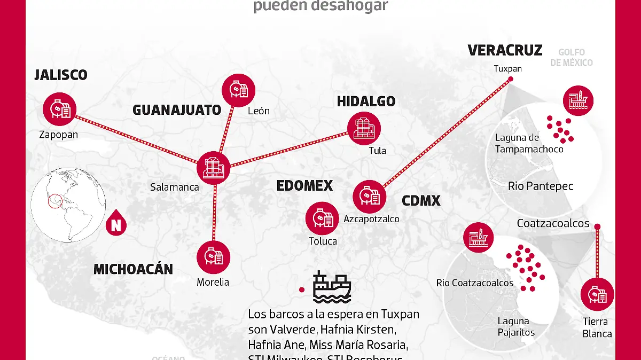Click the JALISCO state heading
click(x=61, y=75)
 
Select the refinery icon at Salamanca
click(x=213, y=167)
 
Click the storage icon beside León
click(x=238, y=89)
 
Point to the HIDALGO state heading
click(x=366, y=101)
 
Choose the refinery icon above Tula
click(x=364, y=127)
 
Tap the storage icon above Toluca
click(x=322, y=218)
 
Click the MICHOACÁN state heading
click(x=133, y=269)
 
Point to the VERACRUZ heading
click(x=505, y=50)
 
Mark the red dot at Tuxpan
click(x=510, y=79)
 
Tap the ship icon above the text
click(x=332, y=287)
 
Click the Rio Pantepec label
click(x=541, y=186)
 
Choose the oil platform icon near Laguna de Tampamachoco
click(x=578, y=101)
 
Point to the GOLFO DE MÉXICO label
click(x=572, y=57)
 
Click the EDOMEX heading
click(x=304, y=186)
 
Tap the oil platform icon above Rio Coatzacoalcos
click(x=479, y=237)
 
